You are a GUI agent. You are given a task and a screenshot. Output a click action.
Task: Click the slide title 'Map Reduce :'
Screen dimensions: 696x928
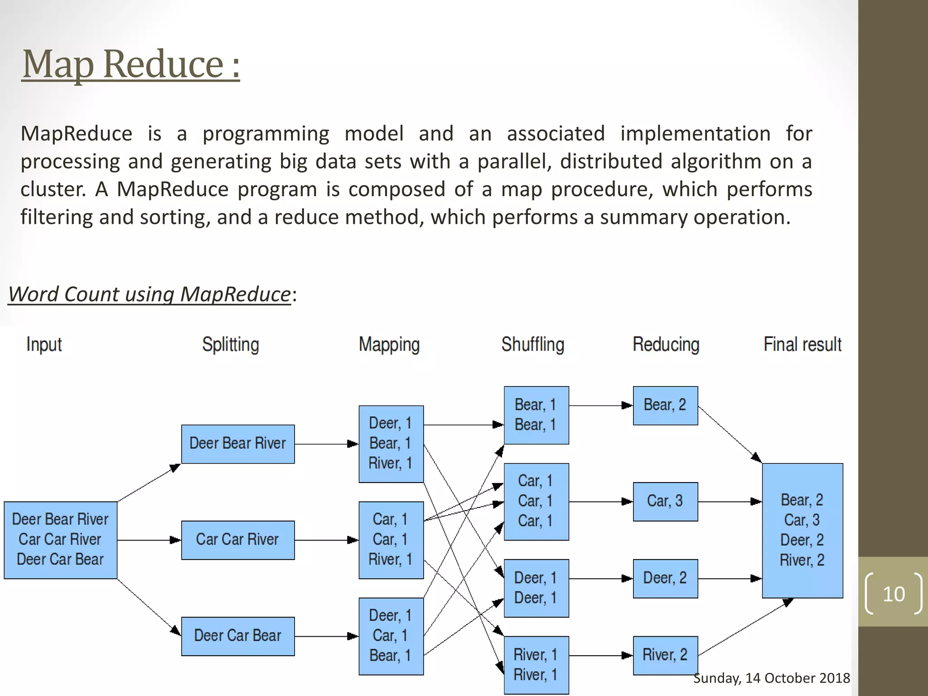click(130, 64)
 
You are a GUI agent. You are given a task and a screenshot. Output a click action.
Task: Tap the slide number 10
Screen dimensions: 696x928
click(893, 594)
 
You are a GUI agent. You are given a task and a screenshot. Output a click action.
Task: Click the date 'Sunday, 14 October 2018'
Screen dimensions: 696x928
click(771, 678)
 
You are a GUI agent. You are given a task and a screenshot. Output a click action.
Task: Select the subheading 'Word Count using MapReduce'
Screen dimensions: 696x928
click(149, 294)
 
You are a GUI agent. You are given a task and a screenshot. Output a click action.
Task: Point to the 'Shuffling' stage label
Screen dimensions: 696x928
click(532, 344)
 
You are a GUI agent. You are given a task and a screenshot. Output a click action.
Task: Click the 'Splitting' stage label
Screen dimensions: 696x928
click(230, 344)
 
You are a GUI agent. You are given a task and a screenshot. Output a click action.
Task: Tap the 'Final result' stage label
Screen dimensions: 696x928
click(802, 344)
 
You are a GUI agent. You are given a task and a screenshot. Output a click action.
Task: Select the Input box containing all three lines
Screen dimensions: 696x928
click(60, 540)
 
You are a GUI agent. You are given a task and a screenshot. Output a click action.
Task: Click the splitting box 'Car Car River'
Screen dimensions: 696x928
click(237, 540)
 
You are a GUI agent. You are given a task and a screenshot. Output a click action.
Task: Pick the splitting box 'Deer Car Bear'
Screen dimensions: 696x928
click(237, 636)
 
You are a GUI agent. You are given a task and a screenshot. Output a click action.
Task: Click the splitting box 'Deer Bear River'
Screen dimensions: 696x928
click(237, 444)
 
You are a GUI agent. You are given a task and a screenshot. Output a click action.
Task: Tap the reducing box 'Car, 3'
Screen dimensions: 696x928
click(665, 501)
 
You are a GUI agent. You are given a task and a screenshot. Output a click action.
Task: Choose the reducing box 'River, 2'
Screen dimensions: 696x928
click(665, 655)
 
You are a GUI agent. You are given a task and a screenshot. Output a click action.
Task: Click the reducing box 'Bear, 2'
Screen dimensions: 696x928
click(665, 405)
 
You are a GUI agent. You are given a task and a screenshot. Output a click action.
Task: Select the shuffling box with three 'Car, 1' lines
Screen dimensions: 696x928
click(536, 501)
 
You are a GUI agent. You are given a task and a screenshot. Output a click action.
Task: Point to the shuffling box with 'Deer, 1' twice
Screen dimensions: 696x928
click(536, 588)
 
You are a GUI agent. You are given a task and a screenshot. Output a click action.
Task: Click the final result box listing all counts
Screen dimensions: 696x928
click(802, 530)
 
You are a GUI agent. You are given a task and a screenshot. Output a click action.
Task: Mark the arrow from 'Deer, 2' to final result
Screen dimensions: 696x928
click(730, 579)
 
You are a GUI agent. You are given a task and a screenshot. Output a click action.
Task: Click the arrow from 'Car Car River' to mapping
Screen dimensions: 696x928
click(326, 540)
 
